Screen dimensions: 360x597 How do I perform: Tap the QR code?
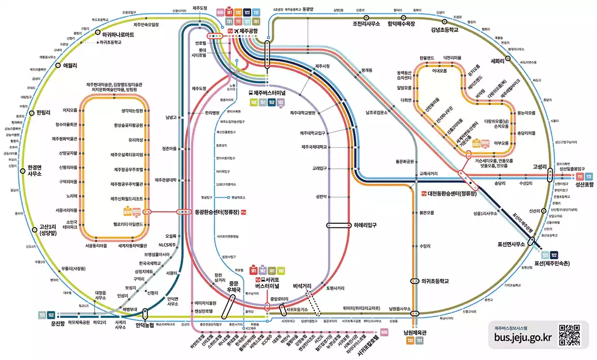coord(570,334)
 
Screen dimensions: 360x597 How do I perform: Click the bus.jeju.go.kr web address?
coord(522,338)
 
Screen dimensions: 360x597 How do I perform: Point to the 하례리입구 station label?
coord(370,225)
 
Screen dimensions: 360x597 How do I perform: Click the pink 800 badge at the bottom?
coord(383,333)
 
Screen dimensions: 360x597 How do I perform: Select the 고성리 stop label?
coord(540,167)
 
